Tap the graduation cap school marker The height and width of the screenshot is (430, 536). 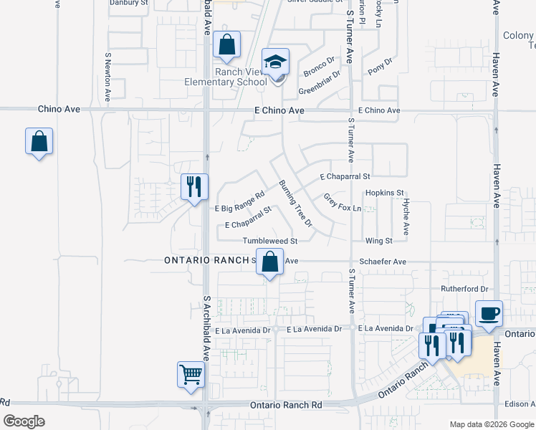tap(274, 62)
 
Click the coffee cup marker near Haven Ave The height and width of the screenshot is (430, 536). tap(489, 314)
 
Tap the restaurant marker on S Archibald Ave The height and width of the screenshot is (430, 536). tap(194, 188)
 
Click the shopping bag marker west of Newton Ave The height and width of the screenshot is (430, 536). tap(39, 142)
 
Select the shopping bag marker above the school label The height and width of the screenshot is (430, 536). tap(226, 45)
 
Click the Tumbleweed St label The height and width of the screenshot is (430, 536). tap(269, 242)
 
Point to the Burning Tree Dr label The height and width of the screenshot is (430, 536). tap(296, 203)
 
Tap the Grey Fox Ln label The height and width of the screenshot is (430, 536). tap(340, 202)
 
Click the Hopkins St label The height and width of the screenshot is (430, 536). tap(385, 193)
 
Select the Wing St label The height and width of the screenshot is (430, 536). tap(378, 241)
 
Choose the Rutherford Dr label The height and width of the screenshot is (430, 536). tap(464, 289)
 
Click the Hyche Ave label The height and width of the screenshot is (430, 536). tap(406, 217)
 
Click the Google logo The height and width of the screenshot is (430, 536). tap(24, 421)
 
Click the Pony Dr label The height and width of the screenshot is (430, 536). tap(380, 67)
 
